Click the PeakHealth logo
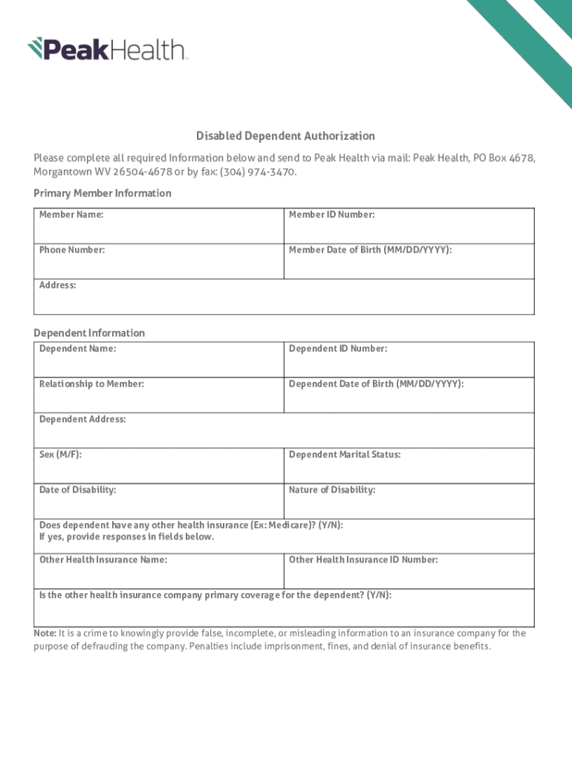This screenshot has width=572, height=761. (x=108, y=49)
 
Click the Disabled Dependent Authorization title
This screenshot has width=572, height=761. (x=285, y=136)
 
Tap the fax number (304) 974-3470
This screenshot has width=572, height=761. (x=259, y=172)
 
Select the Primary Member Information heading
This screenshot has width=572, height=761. (x=103, y=193)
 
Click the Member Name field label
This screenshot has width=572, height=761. (x=71, y=215)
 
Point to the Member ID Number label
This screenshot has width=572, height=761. (x=331, y=215)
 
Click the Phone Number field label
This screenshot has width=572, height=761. (x=72, y=250)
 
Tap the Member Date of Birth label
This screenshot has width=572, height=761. (x=370, y=250)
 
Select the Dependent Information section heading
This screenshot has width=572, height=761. (x=89, y=333)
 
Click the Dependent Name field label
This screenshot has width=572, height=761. (x=77, y=349)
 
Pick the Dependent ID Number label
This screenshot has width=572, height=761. (x=338, y=349)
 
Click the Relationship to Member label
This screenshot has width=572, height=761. (x=91, y=383)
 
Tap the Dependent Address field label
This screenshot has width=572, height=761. (x=82, y=419)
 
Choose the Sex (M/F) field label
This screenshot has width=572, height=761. (x=60, y=454)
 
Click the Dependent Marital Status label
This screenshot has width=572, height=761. (x=345, y=454)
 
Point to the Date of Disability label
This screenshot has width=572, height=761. (x=77, y=490)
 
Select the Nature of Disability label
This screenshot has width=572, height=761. (x=332, y=490)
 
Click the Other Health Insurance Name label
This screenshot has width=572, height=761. (x=103, y=560)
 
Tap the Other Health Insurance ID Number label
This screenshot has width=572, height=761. (x=363, y=560)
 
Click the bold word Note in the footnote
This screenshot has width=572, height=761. (x=45, y=633)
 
